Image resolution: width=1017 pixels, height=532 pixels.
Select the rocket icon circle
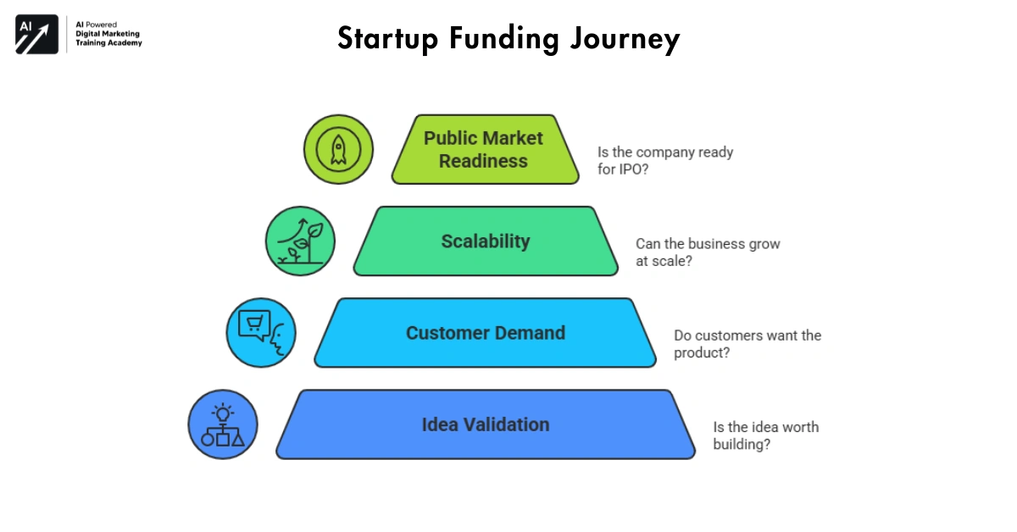[338, 149]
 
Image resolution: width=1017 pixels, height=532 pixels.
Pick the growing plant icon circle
[300, 241]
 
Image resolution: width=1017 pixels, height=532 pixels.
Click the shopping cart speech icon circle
[261, 332]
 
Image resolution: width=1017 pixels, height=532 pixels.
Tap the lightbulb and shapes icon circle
[222, 424]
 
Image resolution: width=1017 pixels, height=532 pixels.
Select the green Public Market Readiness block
[485, 149]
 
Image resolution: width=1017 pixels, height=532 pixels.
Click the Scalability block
[486, 241]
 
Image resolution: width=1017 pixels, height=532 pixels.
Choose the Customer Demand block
[485, 333]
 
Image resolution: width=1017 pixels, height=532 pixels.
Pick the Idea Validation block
[485, 424]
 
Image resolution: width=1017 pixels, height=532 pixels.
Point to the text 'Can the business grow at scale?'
[708, 252]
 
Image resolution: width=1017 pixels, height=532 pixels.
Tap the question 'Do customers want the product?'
[747, 344]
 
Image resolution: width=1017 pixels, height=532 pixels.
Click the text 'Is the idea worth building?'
[765, 435]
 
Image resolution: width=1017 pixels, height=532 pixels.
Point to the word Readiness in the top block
[483, 161]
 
